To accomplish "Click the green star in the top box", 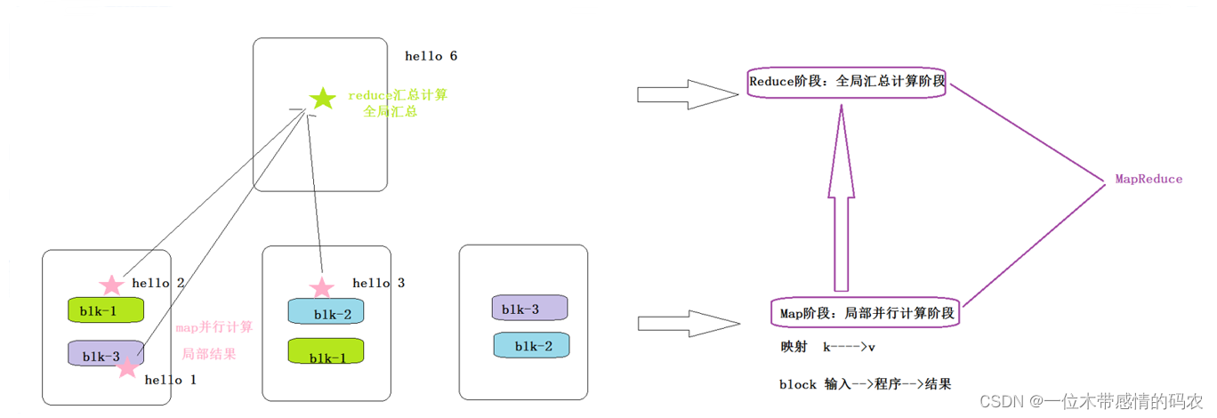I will click(323, 99).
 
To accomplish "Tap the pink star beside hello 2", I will click(111, 285).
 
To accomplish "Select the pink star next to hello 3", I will click(321, 287).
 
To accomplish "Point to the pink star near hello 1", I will click(127, 366).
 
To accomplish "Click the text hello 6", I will click(431, 56).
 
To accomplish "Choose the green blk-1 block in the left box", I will click(106, 310).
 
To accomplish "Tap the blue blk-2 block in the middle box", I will click(326, 312).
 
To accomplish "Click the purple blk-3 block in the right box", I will click(529, 309).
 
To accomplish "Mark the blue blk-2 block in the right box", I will click(531, 346).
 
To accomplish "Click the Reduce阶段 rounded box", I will click(847, 82).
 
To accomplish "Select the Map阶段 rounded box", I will click(866, 313).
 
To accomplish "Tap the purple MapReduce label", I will click(1148, 180).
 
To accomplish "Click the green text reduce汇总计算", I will click(398, 95).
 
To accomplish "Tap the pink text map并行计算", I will click(214, 326).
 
